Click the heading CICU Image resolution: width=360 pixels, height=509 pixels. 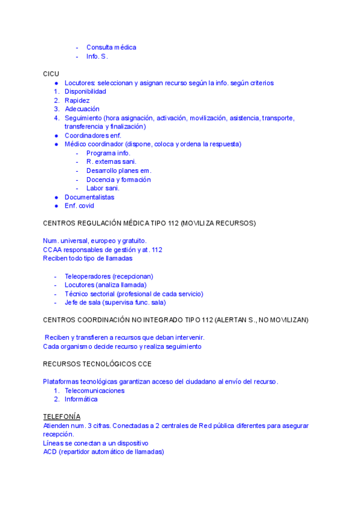click(x=51, y=73)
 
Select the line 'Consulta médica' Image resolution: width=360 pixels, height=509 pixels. click(x=111, y=47)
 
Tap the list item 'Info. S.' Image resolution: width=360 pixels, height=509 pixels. click(x=97, y=56)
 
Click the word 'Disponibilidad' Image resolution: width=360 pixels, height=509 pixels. click(x=85, y=92)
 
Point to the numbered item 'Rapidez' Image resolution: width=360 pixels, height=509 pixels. click(x=77, y=101)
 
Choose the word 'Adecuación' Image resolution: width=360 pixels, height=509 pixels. click(x=82, y=109)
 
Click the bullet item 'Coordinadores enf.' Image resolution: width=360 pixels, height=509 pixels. click(x=93, y=136)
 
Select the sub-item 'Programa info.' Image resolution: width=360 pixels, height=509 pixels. click(x=108, y=153)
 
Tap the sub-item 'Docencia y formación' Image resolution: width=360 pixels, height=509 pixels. click(x=118, y=179)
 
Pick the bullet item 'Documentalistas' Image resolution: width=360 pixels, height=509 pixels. click(x=89, y=197)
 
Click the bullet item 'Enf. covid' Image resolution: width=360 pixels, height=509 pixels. click(x=79, y=206)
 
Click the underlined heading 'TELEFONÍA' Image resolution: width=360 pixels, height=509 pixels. click(x=62, y=417)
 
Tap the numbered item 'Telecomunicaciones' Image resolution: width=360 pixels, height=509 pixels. click(x=95, y=391)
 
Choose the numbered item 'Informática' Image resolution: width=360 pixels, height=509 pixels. click(x=81, y=399)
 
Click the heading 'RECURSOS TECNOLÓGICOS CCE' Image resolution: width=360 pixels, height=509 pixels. click(x=97, y=364)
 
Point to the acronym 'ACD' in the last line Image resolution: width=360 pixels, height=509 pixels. click(x=50, y=451)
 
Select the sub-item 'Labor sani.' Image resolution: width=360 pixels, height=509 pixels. click(x=103, y=188)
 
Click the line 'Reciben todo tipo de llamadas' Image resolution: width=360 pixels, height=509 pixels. click(x=88, y=258)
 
